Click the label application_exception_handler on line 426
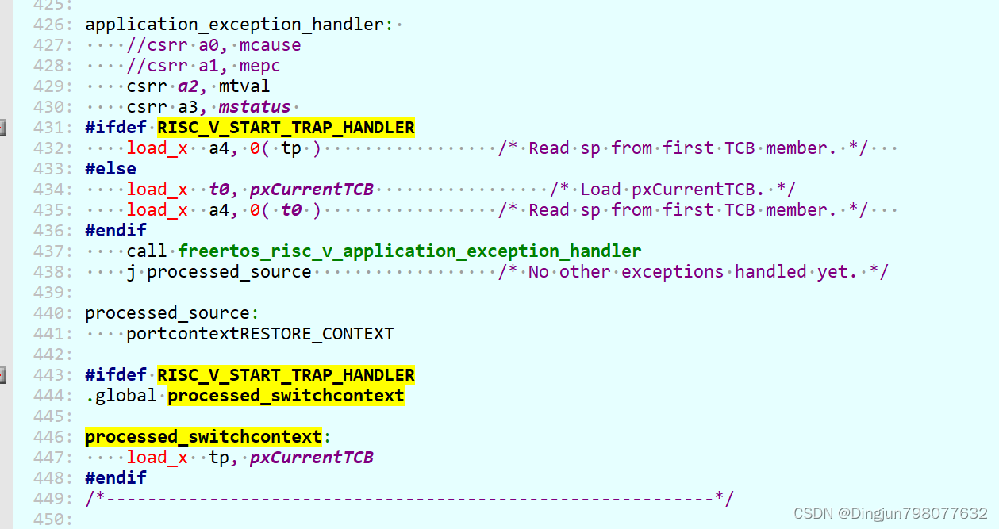(x=234, y=25)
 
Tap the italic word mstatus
(x=254, y=107)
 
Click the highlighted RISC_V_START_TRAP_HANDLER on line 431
(x=286, y=128)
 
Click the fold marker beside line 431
(x=2, y=128)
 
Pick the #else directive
(x=110, y=169)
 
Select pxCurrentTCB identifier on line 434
(x=311, y=190)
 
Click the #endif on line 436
(x=116, y=231)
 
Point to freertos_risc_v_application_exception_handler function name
(x=409, y=251)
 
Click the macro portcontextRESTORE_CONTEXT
(x=259, y=334)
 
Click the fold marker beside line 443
(x=2, y=375)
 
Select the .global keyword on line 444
(x=121, y=396)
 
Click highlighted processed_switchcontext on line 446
(x=203, y=437)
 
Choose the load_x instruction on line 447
(x=157, y=458)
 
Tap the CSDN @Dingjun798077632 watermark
(x=890, y=513)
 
